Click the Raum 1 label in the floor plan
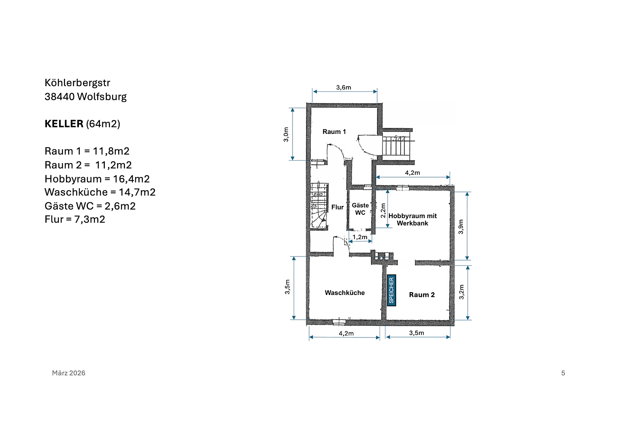334,132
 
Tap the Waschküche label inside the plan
344,293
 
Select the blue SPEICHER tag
391,290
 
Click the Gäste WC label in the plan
360,209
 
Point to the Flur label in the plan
337,207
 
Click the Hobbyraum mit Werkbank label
412,219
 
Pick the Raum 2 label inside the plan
422,295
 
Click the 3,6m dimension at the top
344,87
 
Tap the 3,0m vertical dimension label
286,134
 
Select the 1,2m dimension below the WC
360,237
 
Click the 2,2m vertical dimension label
383,210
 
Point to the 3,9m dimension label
461,227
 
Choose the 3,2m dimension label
461,292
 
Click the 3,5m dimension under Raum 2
416,333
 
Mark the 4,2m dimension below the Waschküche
346,333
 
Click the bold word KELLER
64,124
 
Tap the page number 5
563,373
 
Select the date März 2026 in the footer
68,373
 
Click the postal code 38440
59,97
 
